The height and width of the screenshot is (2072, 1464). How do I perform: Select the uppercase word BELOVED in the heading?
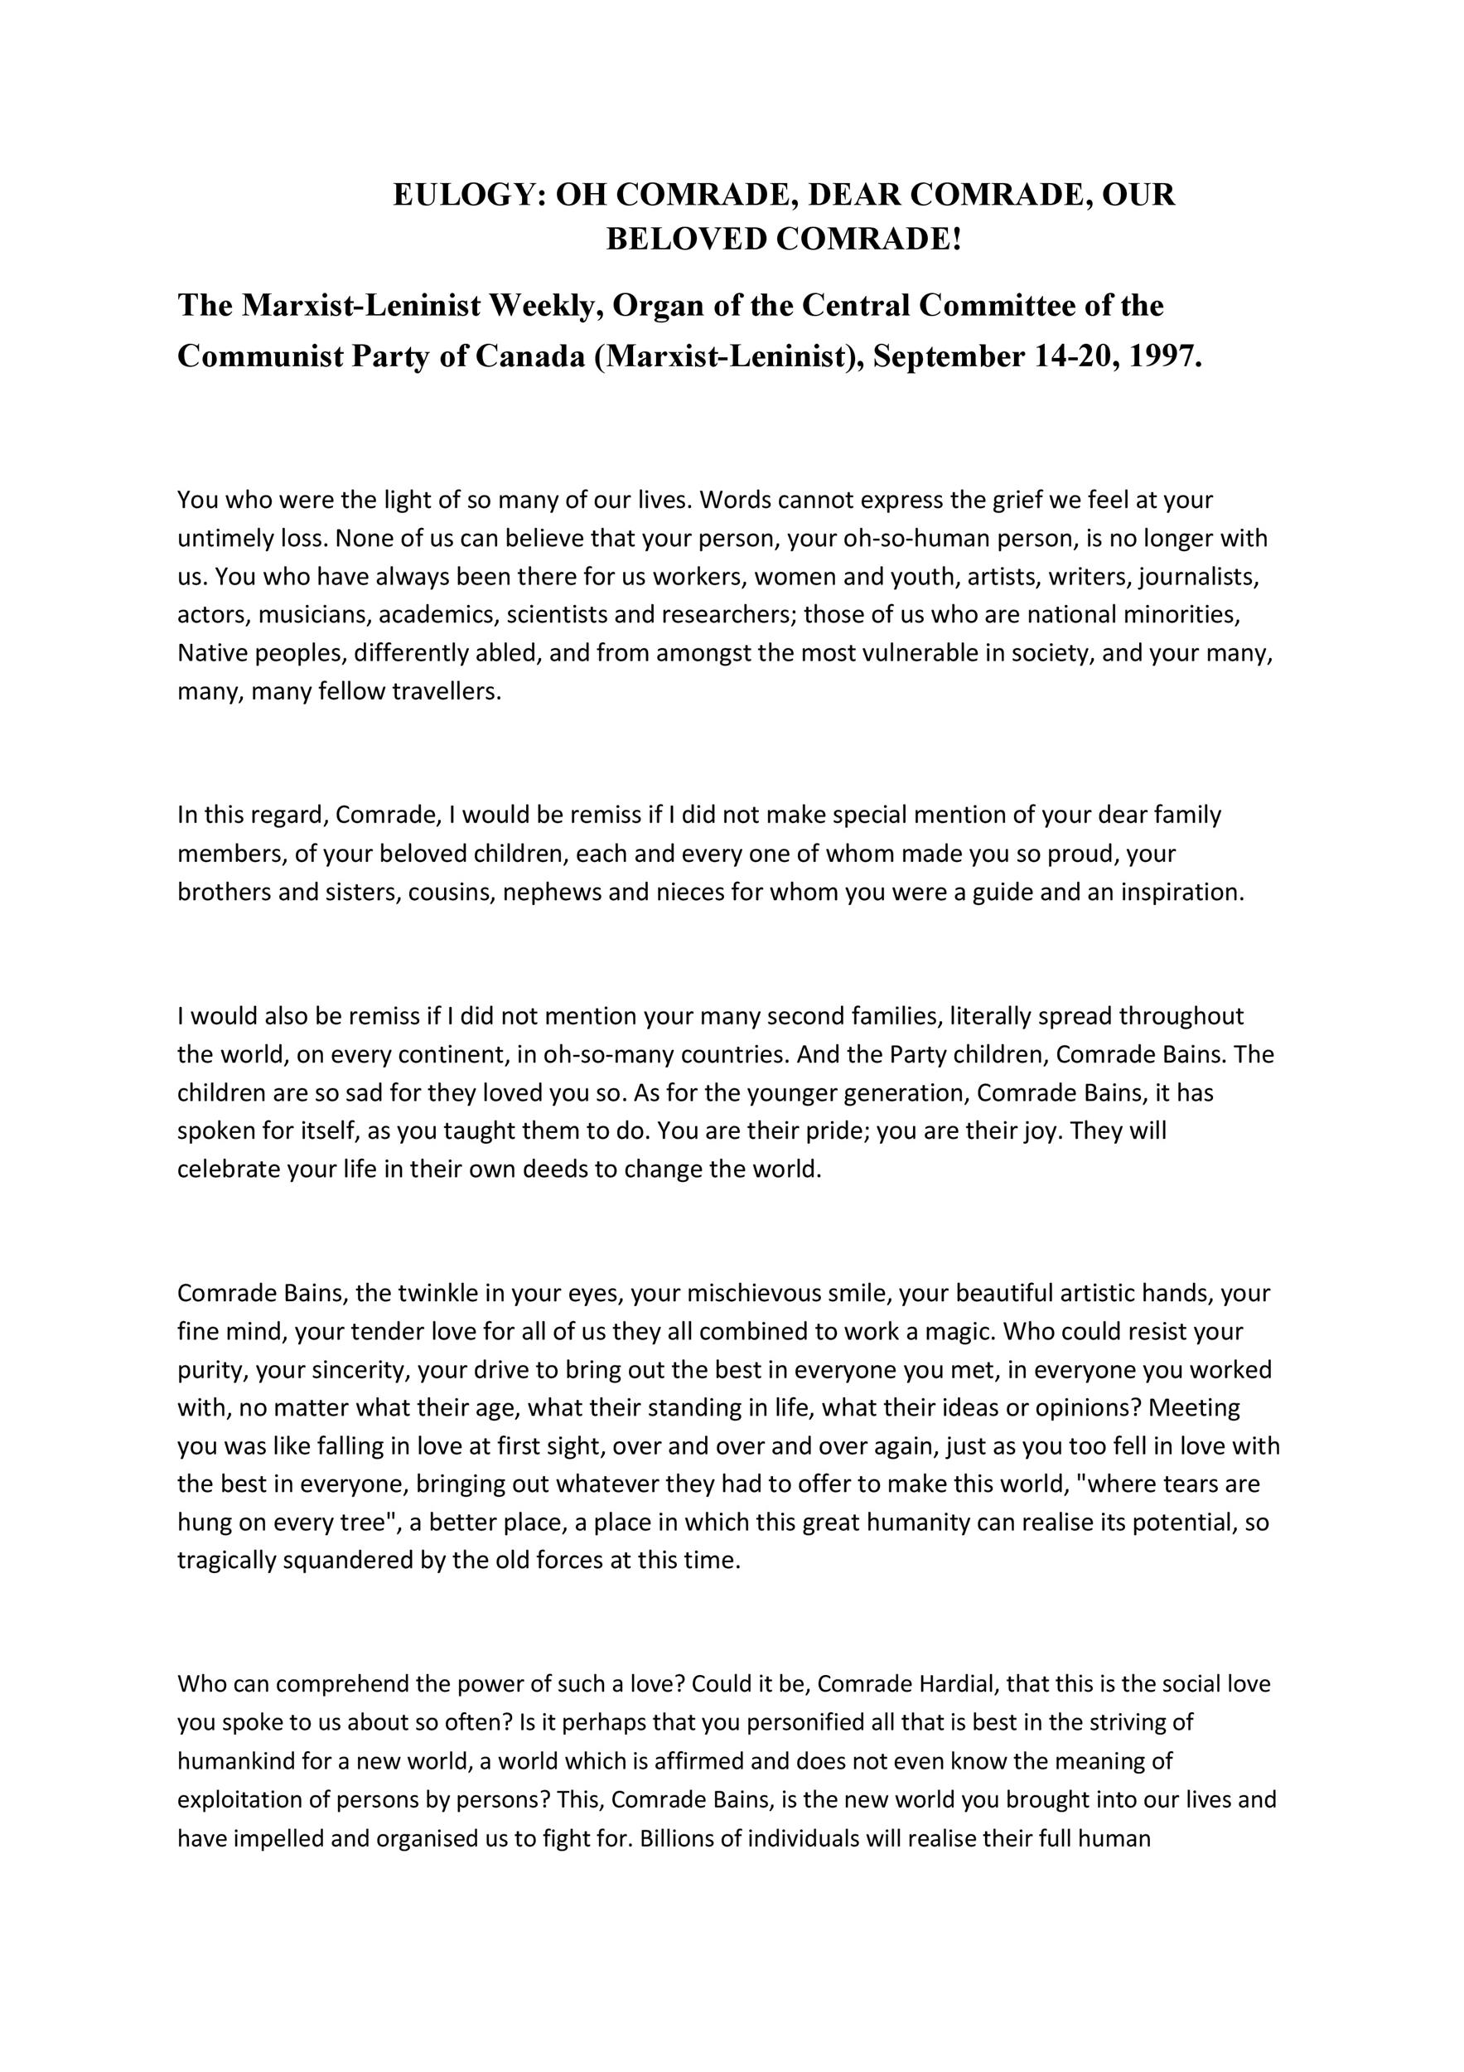click(x=684, y=240)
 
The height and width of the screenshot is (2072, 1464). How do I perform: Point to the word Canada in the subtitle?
click(x=529, y=356)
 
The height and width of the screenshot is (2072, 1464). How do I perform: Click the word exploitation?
click(x=234, y=1799)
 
